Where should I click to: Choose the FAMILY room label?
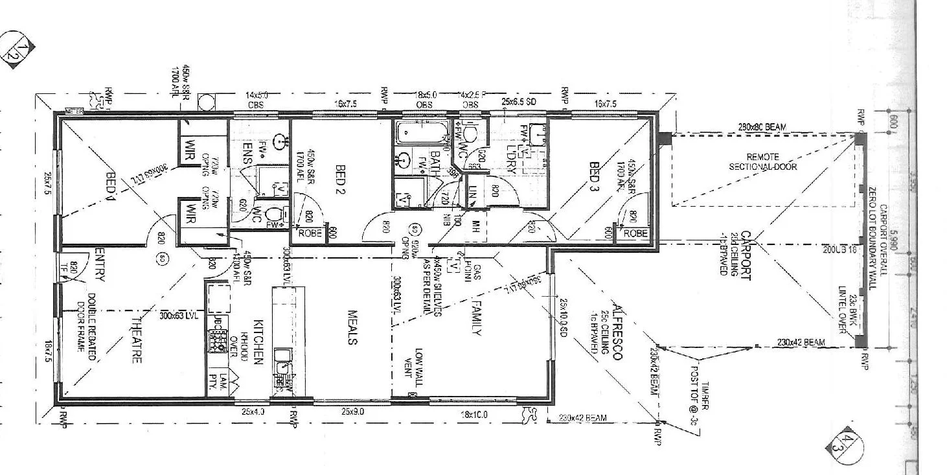pyautogui.click(x=477, y=318)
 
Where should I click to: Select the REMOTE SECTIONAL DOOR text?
pyautogui.click(x=762, y=161)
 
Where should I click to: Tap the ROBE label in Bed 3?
pyautogui.click(x=635, y=233)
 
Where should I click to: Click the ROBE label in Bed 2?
pyautogui.click(x=308, y=233)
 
